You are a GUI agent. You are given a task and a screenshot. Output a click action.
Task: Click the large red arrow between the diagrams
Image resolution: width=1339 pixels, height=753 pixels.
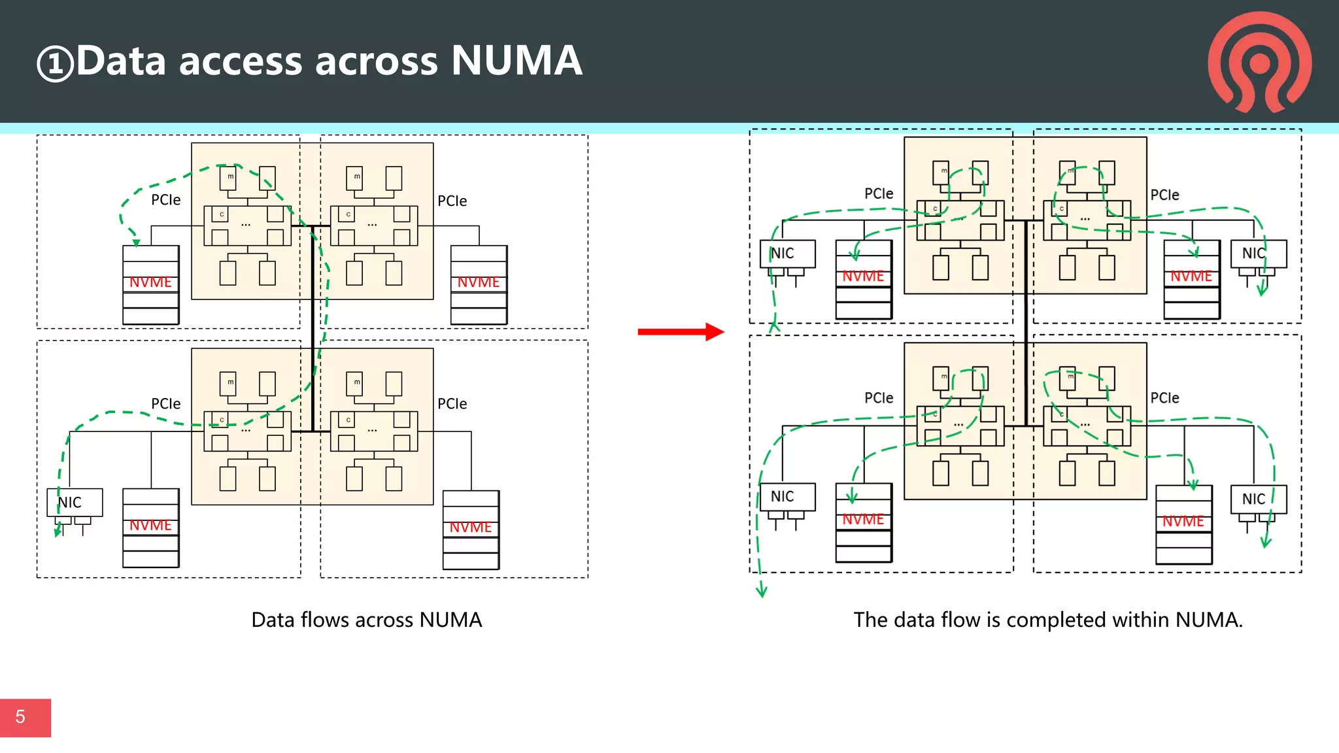coord(680,331)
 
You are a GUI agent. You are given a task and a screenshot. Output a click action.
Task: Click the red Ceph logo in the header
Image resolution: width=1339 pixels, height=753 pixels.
coord(1259,62)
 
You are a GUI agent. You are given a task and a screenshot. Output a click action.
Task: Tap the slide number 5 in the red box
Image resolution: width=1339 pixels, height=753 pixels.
coord(21,717)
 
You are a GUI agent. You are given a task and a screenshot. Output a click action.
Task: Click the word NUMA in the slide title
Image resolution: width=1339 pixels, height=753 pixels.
coord(516,61)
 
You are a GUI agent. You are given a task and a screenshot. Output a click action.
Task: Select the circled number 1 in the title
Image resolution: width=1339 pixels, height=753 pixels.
coord(55,64)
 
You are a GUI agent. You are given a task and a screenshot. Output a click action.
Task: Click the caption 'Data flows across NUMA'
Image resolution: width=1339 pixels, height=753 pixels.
coord(366,620)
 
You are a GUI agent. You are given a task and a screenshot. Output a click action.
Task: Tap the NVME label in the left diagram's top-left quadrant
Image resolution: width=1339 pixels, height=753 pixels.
coord(150,282)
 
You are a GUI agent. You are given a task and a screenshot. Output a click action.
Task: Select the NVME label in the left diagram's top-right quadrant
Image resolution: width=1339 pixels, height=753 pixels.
coord(479,282)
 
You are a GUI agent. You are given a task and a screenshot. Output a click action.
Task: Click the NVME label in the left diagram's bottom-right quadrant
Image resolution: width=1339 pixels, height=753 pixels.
coord(471,527)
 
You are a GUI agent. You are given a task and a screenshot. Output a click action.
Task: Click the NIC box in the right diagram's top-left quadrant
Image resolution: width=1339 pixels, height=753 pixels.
coord(787,253)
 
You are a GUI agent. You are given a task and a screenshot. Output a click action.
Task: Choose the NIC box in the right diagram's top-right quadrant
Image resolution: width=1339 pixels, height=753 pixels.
coord(1258,253)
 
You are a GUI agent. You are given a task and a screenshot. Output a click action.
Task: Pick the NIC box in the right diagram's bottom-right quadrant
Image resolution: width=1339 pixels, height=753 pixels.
coord(1258,499)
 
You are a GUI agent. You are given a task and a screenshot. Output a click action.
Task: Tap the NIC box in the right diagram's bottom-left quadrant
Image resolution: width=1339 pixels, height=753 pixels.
coord(787,496)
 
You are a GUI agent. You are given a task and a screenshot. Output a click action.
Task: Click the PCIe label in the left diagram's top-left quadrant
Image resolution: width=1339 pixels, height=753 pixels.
coord(165,200)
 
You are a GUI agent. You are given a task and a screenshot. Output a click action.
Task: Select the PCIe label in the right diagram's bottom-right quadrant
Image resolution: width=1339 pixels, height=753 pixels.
coord(1164,398)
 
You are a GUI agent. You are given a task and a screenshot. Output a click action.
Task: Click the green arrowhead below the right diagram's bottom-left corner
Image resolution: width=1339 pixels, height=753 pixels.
coord(762,592)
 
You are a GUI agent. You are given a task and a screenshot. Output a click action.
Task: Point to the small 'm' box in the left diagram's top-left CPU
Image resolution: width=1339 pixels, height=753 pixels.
coord(228,177)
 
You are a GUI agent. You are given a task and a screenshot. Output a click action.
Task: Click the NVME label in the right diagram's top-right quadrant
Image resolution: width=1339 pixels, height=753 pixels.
coord(1191,276)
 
